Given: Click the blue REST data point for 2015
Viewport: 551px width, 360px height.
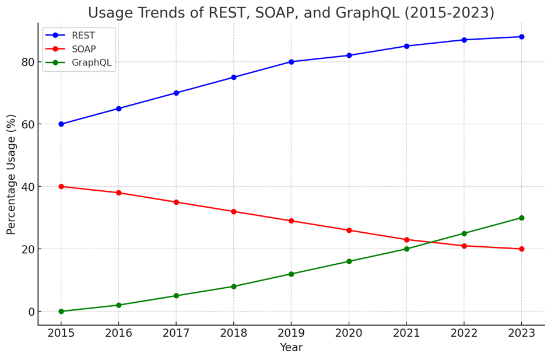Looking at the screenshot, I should pos(61,124).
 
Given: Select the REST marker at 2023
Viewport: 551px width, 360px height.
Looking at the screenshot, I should pos(521,37).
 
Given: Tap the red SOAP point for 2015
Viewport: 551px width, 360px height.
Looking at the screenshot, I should pos(61,187).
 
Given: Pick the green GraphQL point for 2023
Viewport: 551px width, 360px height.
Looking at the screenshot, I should pos(521,218).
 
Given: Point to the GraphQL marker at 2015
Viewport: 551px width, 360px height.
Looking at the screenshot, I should pos(61,312).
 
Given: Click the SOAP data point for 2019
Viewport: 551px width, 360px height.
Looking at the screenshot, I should pos(292,221).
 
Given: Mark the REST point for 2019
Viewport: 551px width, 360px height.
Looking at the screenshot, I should pos(292,62).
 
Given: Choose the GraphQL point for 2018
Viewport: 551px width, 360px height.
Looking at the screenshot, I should pos(234,286).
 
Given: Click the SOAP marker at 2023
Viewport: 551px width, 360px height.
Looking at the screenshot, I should pos(521,249).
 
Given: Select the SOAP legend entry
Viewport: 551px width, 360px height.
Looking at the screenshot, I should pos(83,49).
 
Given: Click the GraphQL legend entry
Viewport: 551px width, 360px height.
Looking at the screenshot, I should pos(91,63).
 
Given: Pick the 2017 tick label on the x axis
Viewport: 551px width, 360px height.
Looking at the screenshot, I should pos(176,333).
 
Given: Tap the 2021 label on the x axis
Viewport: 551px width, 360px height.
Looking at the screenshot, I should pos(406,333).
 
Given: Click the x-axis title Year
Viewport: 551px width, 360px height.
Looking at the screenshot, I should pos(291,348).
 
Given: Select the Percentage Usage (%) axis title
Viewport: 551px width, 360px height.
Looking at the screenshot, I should pos(11,174).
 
